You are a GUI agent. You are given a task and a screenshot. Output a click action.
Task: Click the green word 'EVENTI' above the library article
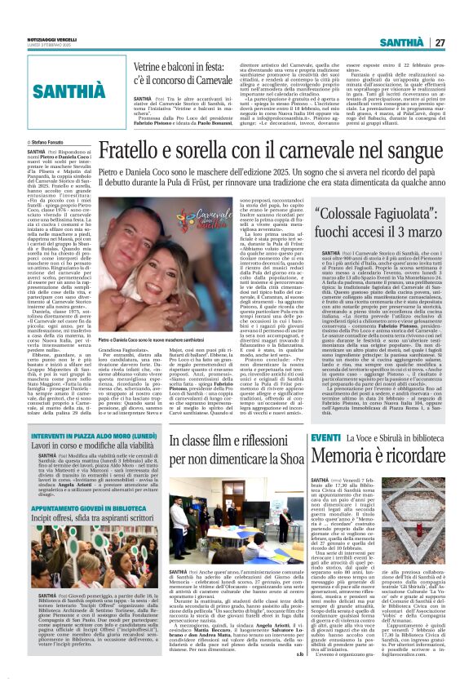(x=325, y=460)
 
